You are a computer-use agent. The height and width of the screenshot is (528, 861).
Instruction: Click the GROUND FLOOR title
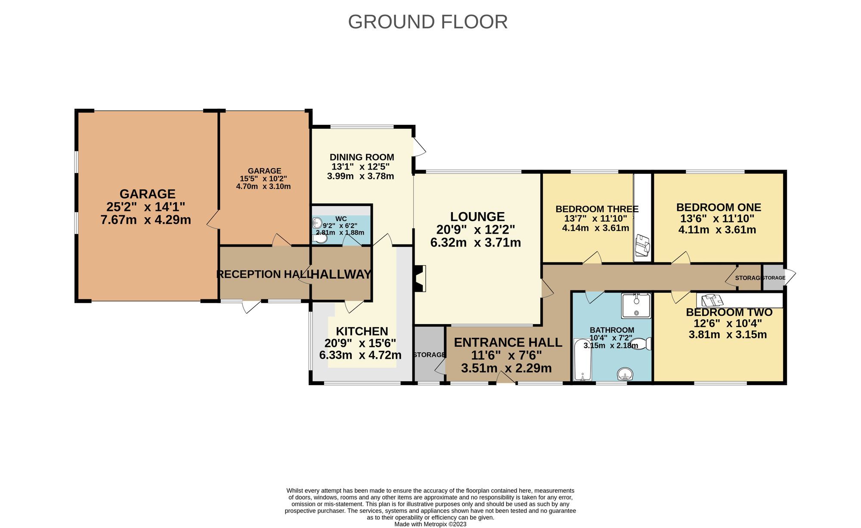point(427,22)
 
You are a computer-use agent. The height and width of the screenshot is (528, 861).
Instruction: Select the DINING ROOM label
point(362,157)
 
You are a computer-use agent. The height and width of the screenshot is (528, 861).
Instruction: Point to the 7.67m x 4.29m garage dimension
point(146,220)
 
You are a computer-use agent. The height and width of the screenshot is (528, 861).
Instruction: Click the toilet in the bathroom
point(642,343)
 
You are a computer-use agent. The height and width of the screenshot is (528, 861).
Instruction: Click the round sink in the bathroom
point(625,374)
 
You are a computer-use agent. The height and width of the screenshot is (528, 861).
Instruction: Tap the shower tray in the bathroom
point(636,306)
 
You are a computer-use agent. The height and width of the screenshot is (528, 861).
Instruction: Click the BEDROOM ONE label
point(719,207)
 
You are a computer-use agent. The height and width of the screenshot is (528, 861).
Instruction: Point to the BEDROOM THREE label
point(597,209)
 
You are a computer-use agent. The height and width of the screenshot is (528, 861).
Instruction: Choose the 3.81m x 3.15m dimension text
point(728,334)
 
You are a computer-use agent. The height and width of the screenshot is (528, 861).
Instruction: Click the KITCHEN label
point(362,331)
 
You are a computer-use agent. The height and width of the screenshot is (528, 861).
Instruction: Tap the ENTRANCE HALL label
point(508,343)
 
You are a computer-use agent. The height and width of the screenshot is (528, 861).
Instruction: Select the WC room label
point(341,219)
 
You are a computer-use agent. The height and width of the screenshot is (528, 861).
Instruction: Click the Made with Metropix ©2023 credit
point(430,524)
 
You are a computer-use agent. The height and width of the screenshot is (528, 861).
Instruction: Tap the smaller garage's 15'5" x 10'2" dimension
point(263,179)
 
